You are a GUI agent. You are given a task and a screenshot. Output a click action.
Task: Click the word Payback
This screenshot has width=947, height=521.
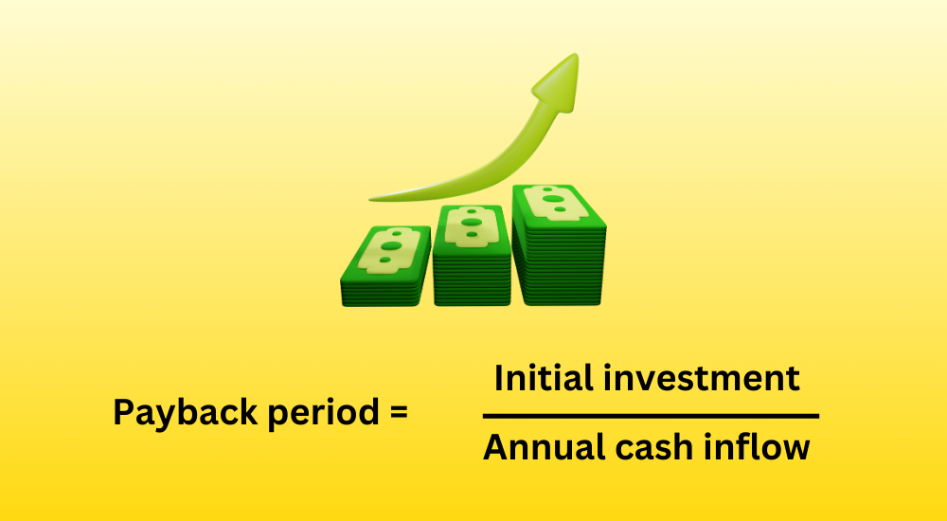point(186,413)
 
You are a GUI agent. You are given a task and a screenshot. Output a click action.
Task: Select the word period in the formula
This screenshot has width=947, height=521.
point(323,413)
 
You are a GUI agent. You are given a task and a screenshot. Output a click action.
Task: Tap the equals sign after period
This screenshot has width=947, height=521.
point(399,413)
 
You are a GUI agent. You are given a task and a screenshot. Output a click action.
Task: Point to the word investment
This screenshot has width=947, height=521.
point(702,378)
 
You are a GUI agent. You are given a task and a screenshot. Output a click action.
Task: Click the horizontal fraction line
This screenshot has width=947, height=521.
point(652,417)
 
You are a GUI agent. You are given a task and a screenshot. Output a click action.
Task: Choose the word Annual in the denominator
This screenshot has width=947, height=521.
point(545,447)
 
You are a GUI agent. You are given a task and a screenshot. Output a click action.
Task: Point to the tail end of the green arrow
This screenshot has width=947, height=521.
point(371,198)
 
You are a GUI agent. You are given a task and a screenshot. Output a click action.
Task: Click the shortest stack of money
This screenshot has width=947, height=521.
point(385,266)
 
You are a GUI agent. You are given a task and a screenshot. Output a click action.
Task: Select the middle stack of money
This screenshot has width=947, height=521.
point(473,256)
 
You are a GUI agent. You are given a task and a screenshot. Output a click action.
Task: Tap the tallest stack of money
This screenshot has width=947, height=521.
point(558,244)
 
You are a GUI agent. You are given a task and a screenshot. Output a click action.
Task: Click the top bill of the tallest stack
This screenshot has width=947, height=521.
point(557,204)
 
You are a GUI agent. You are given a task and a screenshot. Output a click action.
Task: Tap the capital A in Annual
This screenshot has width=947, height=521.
point(496,447)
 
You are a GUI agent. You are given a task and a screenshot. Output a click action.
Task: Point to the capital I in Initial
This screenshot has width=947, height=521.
point(498,378)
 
